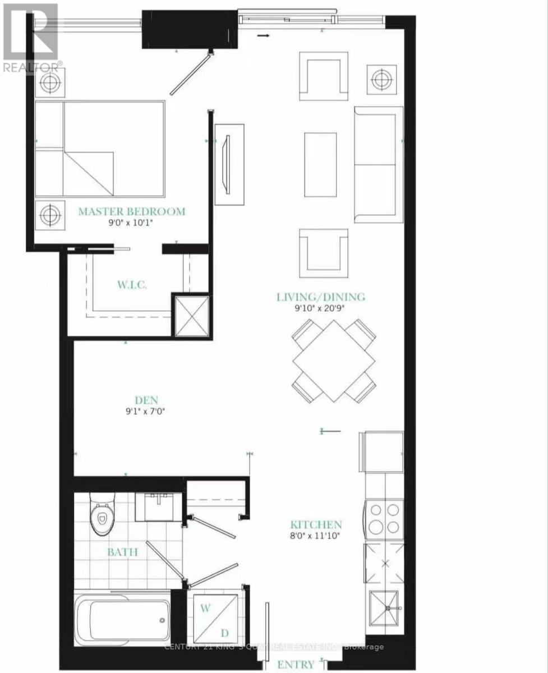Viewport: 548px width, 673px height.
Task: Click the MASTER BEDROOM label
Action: point(131,212)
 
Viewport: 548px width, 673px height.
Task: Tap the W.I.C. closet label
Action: point(132,285)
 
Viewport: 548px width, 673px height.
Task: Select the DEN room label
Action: point(146,400)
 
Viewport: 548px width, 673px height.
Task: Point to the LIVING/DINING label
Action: point(320,297)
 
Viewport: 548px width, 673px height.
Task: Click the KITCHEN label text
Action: point(316,525)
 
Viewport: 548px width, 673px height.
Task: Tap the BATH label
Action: point(123,552)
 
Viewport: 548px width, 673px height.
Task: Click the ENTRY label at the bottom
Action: point(296,665)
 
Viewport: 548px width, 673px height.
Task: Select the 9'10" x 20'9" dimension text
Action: point(320,308)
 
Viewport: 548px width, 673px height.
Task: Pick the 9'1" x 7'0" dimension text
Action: point(146,411)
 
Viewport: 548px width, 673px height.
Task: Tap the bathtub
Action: point(123,620)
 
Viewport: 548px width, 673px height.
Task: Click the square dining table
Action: point(334,361)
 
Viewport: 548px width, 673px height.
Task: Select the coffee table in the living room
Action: point(320,164)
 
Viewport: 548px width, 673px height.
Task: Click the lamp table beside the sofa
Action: point(381,80)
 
